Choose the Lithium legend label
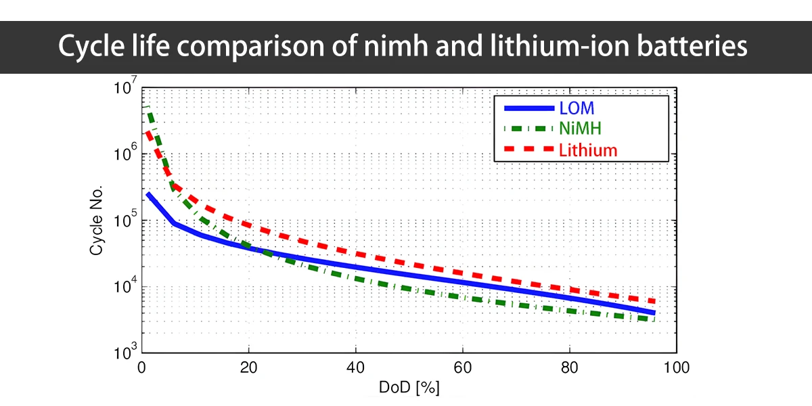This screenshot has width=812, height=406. (x=588, y=150)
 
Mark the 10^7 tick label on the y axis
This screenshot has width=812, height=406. (x=127, y=89)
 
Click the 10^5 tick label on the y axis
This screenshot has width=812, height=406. (x=127, y=221)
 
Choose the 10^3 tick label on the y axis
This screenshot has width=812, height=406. (x=127, y=353)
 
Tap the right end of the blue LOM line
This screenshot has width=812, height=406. (x=654, y=313)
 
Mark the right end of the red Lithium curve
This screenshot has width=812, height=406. (x=654, y=301)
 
